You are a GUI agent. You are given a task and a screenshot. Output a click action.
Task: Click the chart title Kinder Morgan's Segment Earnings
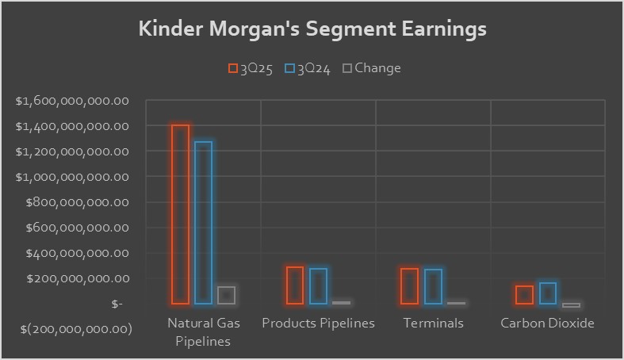point(312,29)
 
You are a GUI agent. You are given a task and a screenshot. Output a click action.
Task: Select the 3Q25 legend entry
point(251,68)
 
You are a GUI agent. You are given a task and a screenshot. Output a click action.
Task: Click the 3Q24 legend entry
point(308,68)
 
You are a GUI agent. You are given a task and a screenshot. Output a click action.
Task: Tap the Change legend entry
point(371,68)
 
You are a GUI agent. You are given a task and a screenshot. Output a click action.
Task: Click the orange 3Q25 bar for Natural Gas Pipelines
point(180,214)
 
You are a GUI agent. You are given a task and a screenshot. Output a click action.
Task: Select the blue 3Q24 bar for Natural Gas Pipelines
point(203,223)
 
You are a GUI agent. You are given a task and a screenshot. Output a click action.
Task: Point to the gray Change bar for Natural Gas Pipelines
point(227,295)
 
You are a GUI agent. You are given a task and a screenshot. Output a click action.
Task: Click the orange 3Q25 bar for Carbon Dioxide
point(524,295)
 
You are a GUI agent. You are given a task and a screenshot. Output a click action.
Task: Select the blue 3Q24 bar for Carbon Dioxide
point(548,293)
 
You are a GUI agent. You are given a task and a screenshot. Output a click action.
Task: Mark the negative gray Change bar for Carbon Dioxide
point(571,305)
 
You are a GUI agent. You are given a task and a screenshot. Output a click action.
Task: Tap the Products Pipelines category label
point(318,324)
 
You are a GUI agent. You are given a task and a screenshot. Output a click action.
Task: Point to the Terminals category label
point(433,324)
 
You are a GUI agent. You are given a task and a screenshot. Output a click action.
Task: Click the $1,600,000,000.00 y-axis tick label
point(72,101)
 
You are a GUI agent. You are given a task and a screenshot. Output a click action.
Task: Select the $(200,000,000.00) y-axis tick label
point(72,329)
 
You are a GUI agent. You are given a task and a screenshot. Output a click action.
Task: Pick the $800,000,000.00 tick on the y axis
point(78,202)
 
